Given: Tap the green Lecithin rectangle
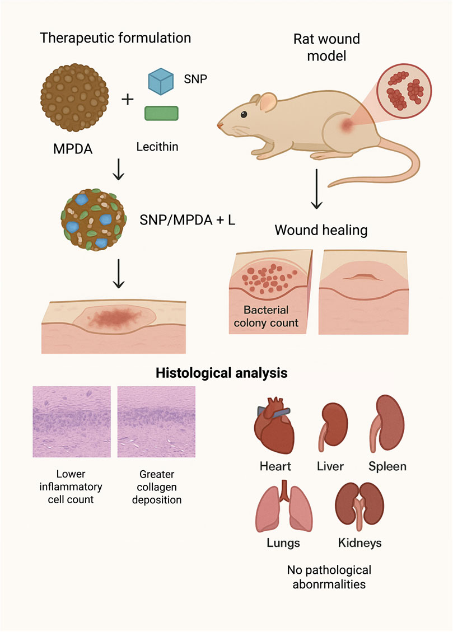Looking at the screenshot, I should [x=162, y=114].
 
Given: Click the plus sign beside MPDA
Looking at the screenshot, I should [x=128, y=100].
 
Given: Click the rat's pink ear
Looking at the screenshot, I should [x=268, y=102].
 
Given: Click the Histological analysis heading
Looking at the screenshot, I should [x=222, y=372].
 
